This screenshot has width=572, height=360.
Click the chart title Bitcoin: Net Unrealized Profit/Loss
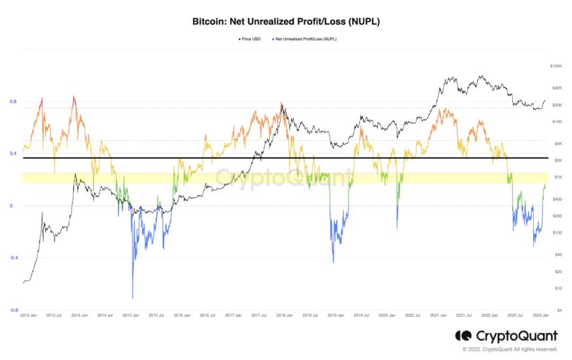[x=286, y=22]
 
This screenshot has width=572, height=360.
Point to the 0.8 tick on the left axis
[x=13, y=102]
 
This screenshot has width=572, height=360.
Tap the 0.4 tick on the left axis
[x=13, y=153]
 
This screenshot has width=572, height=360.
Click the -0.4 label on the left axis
[x=12, y=258]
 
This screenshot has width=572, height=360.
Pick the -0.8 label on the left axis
[x=12, y=310]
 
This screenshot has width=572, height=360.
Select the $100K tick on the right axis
[x=556, y=66]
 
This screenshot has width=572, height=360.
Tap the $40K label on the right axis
[x=556, y=88]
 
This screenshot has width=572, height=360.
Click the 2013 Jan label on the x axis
[x=29, y=315]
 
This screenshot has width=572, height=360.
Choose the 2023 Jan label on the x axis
[x=540, y=315]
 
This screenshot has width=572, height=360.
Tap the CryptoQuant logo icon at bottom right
[x=463, y=335]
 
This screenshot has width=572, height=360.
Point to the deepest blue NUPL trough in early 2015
[x=132, y=297]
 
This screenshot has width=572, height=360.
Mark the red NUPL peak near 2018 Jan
[x=281, y=104]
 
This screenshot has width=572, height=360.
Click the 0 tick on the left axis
[x=11, y=206]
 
